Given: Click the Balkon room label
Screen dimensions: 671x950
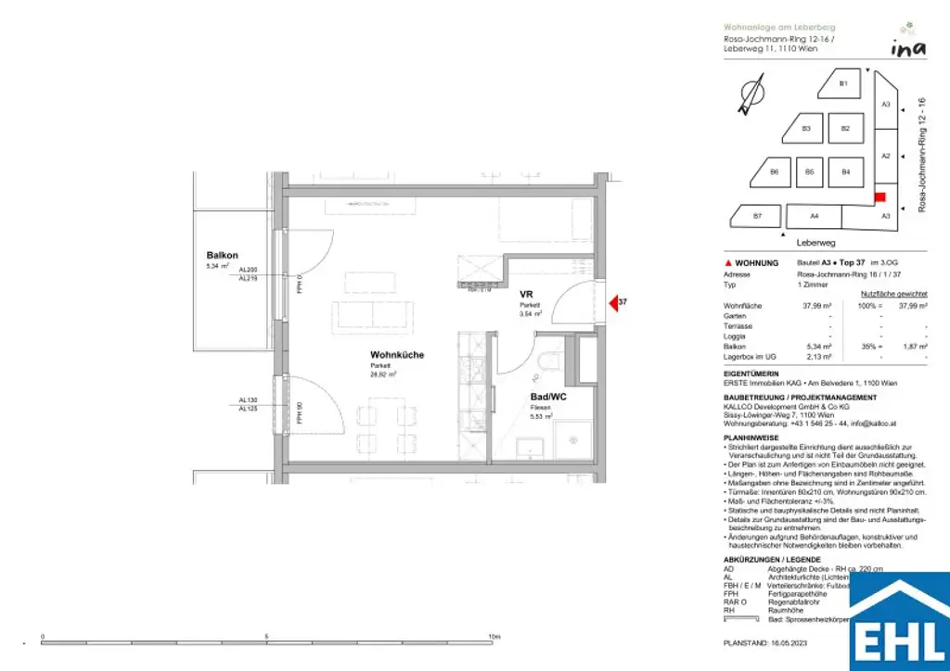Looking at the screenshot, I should tap(223, 256).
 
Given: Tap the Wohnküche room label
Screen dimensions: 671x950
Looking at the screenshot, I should tap(397, 355).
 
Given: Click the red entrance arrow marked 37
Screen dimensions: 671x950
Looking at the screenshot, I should tap(613, 301).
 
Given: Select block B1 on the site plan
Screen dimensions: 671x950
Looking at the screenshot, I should tap(843, 84).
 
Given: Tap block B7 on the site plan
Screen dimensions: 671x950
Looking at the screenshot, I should tap(757, 216).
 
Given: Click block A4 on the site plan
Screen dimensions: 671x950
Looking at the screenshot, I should tap(814, 216).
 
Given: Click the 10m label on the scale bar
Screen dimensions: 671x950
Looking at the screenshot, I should tap(494, 637).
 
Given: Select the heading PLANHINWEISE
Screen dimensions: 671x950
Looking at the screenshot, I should tap(751, 437).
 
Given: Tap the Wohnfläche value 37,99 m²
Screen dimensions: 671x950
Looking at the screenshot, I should tap(813, 305).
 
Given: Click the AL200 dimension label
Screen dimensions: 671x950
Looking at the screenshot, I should tap(248, 270).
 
